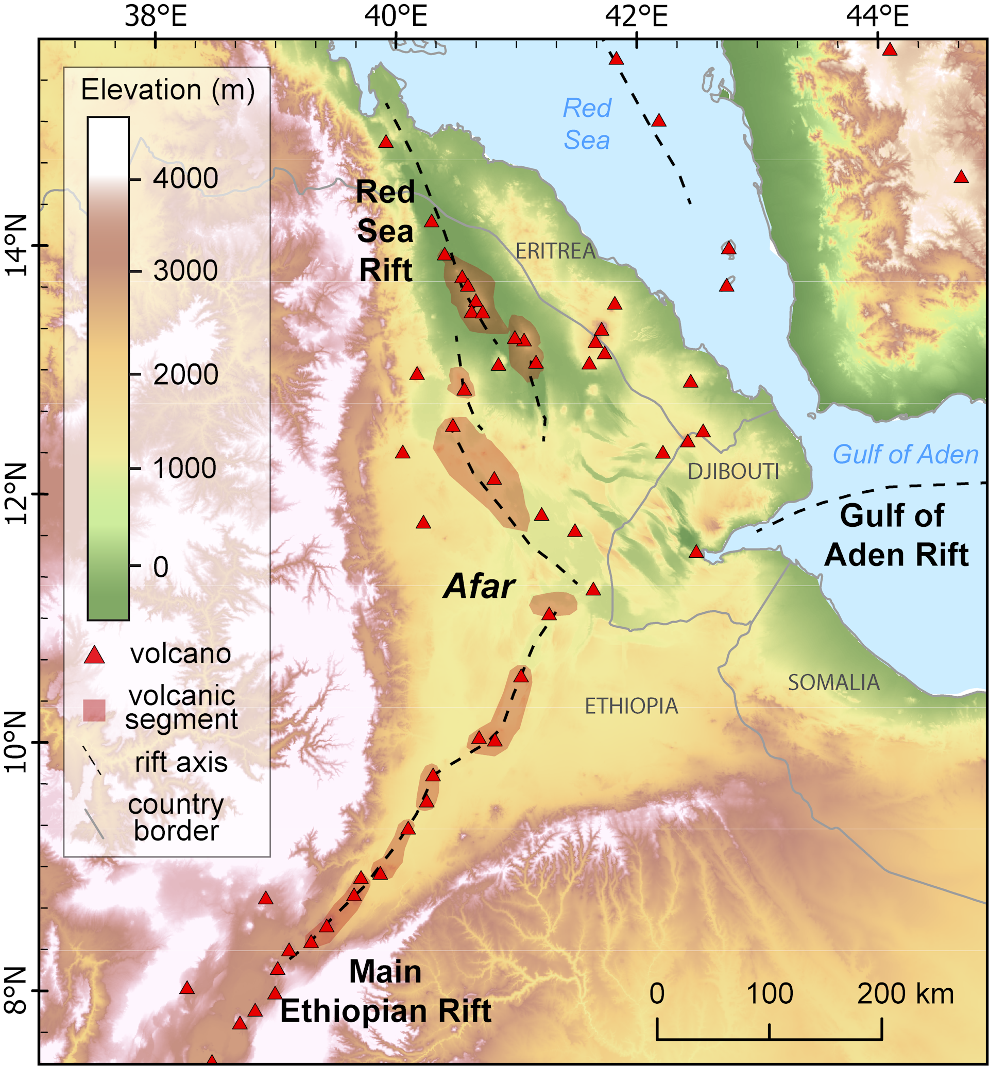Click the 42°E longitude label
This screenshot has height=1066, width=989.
[636, 17]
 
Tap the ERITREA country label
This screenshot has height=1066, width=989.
[555, 251]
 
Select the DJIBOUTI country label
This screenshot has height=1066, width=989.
[733, 471]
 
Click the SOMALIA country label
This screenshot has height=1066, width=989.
[834, 682]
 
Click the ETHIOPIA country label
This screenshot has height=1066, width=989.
[631, 707]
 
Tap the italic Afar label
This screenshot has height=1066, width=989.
[479, 586]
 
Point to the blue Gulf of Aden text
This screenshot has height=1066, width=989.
[906, 454]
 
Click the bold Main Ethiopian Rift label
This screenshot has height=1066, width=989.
[385, 991]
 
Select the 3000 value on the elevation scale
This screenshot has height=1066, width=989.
[185, 271]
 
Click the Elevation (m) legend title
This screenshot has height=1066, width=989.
[167, 90]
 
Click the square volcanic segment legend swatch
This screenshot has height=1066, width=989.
[95, 710]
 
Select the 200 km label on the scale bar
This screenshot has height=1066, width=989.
[906, 994]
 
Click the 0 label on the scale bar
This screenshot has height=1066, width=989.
[657, 994]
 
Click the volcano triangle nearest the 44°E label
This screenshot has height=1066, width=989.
[890, 50]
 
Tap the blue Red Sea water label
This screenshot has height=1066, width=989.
[587, 124]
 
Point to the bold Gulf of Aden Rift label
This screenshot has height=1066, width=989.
[896, 535]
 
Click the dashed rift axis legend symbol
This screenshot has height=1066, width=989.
[92, 761]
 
